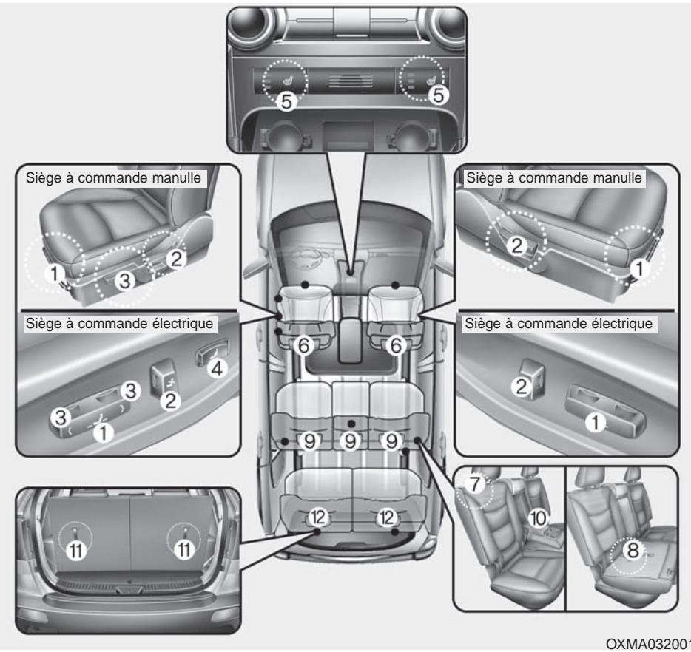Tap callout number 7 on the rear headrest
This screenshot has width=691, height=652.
pos(474,486)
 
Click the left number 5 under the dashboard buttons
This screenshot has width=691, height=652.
pos(288,102)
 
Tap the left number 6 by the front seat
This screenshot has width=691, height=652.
pos(303,343)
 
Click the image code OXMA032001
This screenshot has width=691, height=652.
pos(647,640)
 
